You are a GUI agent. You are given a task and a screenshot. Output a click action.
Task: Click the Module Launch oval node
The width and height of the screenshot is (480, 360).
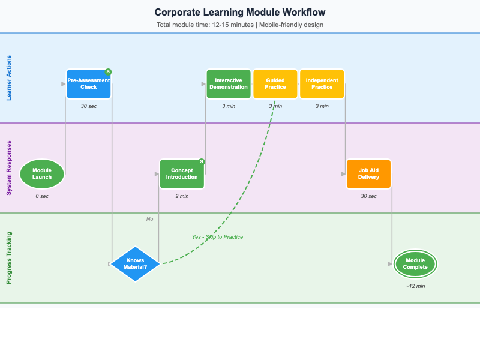(42, 174)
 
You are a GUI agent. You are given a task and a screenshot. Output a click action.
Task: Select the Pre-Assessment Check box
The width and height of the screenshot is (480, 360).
(89, 84)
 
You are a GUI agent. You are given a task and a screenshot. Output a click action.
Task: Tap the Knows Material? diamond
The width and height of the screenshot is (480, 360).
(135, 264)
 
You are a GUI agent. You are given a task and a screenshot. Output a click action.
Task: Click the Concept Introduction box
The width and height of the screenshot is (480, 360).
(182, 174)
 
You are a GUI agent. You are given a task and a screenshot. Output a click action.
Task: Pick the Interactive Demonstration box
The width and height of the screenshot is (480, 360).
(229, 84)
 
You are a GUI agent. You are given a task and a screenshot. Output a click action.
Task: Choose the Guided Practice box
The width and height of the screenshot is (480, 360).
(275, 84)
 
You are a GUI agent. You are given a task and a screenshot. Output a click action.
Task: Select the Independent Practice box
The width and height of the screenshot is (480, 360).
(322, 84)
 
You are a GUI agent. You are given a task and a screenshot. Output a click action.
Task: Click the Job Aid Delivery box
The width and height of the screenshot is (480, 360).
(368, 174)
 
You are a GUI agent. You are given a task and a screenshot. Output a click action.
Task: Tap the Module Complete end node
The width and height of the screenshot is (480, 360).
(415, 264)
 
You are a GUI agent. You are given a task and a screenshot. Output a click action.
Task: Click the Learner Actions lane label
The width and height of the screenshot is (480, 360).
(9, 78)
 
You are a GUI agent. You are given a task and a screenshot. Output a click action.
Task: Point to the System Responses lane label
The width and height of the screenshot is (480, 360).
(9, 168)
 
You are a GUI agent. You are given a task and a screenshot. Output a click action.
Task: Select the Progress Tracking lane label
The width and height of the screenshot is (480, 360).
(9, 258)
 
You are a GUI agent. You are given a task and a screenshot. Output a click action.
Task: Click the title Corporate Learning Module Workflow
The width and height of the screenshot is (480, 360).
(240, 12)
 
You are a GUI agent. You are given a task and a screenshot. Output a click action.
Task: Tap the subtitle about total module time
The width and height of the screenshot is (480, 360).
(240, 25)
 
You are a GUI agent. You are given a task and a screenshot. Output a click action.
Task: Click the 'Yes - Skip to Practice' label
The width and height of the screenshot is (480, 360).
(217, 237)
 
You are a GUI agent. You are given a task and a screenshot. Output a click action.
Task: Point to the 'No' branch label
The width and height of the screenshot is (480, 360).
(150, 219)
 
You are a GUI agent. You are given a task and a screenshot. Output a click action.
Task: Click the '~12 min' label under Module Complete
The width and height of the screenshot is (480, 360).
(415, 286)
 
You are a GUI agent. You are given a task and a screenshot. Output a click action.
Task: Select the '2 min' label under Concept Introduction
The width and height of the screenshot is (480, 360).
(182, 196)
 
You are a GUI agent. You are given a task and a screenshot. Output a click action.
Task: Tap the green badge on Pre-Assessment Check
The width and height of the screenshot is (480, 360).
(108, 72)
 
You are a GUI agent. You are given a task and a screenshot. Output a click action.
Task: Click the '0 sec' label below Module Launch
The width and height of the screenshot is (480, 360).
(42, 196)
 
